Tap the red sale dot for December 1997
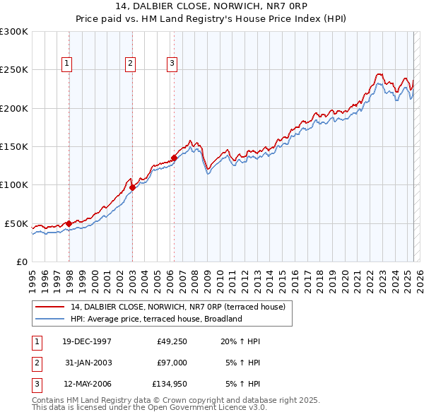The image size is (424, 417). pos(69,223)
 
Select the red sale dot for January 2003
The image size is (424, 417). pos(133,187)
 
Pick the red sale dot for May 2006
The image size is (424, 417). pos(174,158)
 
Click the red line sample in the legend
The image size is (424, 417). pos(50,307)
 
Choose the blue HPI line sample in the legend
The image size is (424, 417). pos(50,319)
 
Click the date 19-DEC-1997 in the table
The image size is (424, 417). pos(86,341)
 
